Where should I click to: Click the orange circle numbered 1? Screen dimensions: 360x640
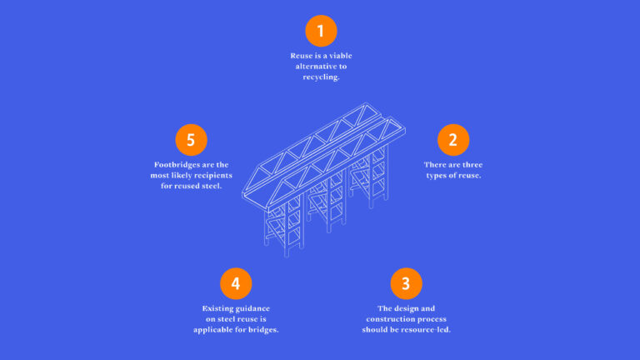tap(320, 31)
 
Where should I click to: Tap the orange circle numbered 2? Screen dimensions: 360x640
tap(452, 139)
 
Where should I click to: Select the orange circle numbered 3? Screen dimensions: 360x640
tap(405, 282)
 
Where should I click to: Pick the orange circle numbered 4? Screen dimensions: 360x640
tap(235, 283)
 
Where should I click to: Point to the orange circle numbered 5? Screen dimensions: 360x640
tap(191, 139)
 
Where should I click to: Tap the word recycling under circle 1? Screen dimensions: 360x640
tap(320, 77)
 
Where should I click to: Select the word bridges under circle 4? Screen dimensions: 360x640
tap(262, 329)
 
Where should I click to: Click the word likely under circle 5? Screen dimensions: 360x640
tap(177, 175)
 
